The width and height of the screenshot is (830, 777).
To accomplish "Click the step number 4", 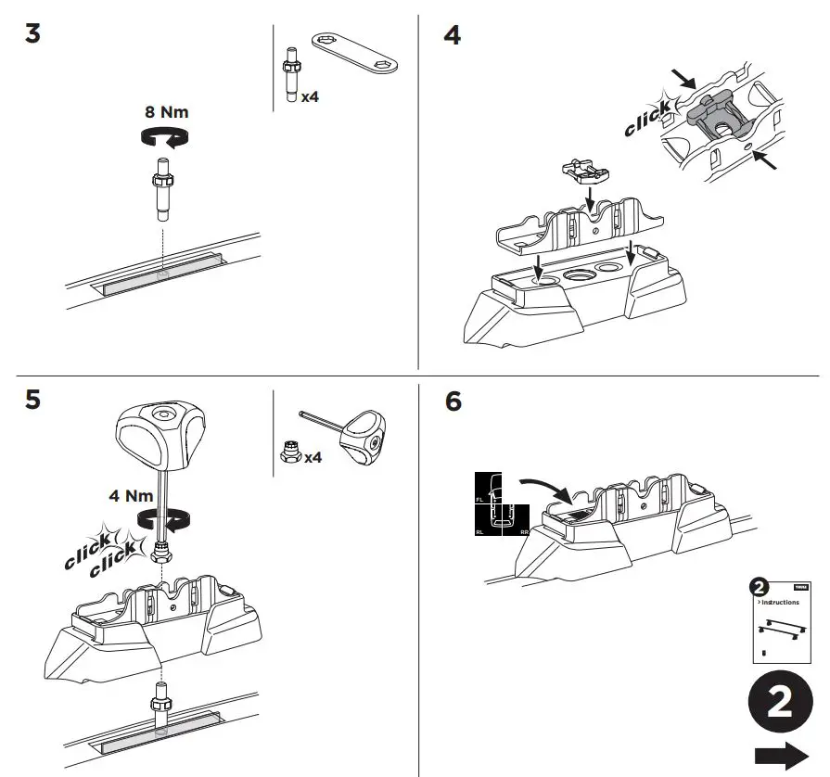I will point(453,37).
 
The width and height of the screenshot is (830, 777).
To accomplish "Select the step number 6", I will point(453,402).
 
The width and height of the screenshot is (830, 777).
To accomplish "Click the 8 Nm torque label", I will point(166,112).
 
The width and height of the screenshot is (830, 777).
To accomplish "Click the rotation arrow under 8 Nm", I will point(164,137).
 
